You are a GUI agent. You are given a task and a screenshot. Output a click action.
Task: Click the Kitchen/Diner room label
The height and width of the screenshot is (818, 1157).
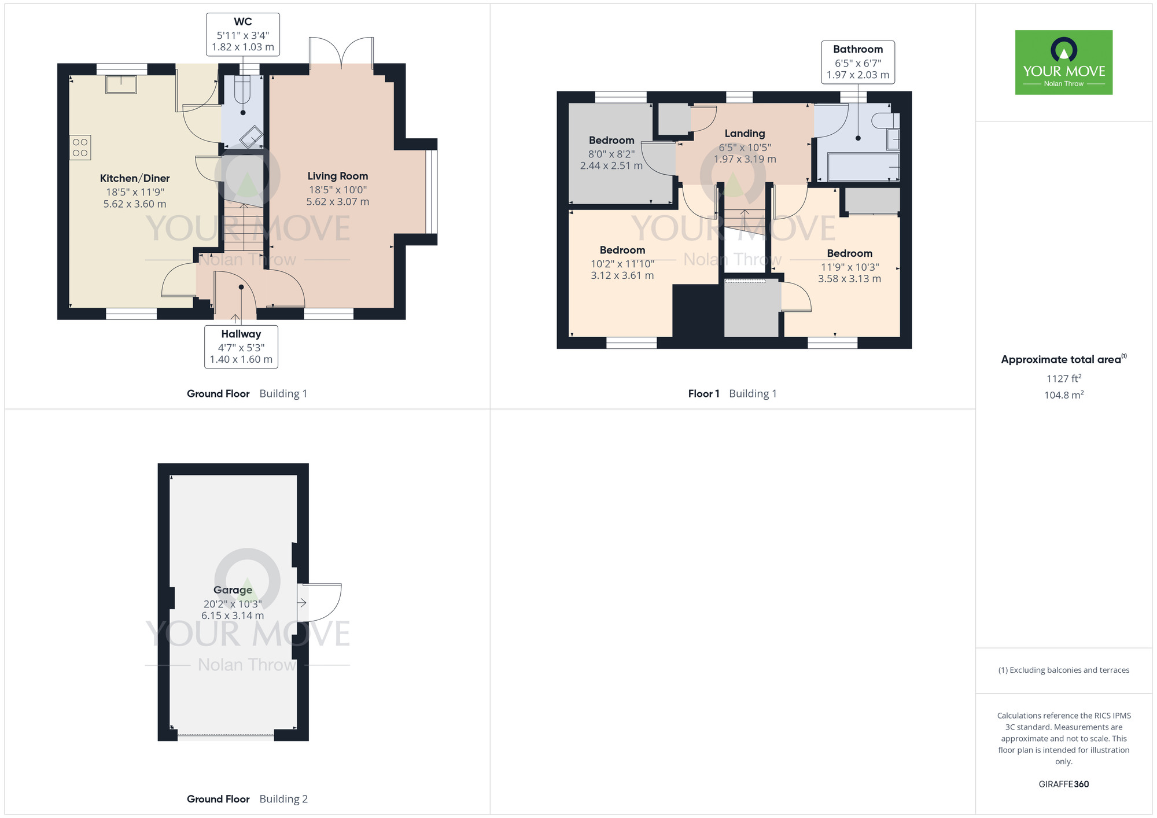[x=135, y=178]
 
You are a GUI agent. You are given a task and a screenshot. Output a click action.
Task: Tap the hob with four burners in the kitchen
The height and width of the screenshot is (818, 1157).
[x=80, y=148]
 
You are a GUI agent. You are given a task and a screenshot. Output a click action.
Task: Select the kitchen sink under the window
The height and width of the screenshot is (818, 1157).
[x=121, y=84]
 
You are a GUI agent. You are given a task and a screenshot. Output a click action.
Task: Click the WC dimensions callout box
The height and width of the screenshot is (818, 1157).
[x=243, y=35]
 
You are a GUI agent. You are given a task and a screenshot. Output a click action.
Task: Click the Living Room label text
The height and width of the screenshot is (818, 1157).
[x=337, y=176]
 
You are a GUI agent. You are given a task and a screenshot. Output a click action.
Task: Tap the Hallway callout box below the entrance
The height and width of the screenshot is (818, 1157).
[x=241, y=347]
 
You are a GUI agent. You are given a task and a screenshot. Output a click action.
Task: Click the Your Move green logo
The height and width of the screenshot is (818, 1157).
[x=1063, y=62]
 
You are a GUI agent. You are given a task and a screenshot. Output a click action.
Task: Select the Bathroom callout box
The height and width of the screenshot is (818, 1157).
[x=858, y=62]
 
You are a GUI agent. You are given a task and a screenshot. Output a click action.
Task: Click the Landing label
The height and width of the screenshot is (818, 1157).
[x=745, y=134]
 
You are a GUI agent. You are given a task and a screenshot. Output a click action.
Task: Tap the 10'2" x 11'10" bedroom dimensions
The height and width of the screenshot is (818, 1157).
[x=622, y=264]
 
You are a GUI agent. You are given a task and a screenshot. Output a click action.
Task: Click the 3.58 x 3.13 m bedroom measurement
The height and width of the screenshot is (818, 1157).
[x=849, y=279]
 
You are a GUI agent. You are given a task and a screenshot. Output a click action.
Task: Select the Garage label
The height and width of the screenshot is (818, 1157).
[x=233, y=590]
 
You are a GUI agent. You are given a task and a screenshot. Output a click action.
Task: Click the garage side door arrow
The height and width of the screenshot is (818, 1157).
[x=302, y=603]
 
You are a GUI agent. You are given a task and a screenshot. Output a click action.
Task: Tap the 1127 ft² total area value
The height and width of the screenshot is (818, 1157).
[x=1063, y=378]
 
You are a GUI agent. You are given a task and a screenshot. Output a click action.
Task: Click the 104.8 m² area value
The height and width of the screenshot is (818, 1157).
[x=1063, y=395]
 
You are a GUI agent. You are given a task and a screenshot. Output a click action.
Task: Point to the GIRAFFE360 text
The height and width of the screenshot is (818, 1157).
[x=1063, y=784]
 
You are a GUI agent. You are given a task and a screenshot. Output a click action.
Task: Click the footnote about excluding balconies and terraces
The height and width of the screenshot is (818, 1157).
[x=1063, y=670]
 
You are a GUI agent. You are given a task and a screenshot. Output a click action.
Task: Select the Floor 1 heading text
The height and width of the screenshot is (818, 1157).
[x=703, y=393]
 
